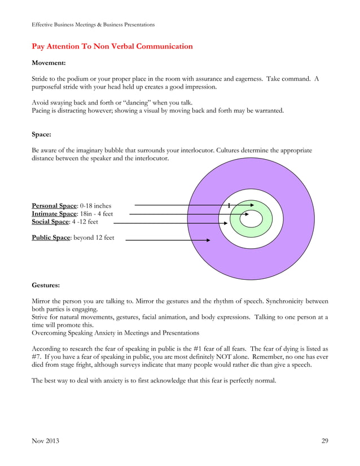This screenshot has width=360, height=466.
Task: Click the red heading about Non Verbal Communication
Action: [112, 46]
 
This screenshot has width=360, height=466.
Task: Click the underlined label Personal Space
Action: [55, 206]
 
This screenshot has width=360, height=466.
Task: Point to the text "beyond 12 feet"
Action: [93, 238]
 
